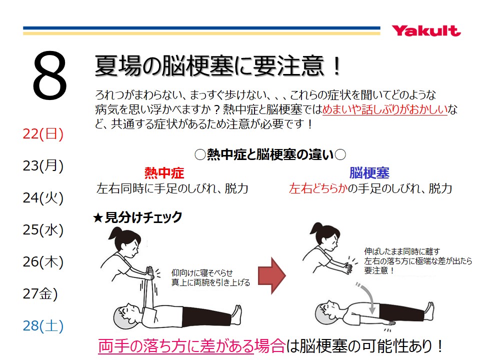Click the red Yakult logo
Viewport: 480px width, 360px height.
click(x=426, y=31)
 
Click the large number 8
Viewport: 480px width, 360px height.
click(x=49, y=75)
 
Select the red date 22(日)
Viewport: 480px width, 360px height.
click(x=43, y=134)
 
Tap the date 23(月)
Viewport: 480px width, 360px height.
click(x=43, y=165)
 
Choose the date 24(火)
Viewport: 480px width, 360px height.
click(x=43, y=198)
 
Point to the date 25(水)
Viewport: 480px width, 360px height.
click(x=43, y=229)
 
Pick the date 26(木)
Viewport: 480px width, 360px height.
click(x=43, y=261)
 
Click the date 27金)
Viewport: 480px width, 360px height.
click(x=40, y=293)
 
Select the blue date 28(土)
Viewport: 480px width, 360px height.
click(x=43, y=325)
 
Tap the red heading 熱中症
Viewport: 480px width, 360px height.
click(x=164, y=173)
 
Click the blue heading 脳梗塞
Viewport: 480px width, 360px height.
click(x=369, y=173)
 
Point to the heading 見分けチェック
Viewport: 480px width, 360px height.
click(x=143, y=217)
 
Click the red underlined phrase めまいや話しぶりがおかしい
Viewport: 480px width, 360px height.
click(x=385, y=109)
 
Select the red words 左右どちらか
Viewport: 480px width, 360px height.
click(x=318, y=188)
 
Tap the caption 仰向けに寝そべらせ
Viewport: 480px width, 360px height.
click(x=202, y=273)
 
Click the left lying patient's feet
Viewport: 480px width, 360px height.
click(x=237, y=314)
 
